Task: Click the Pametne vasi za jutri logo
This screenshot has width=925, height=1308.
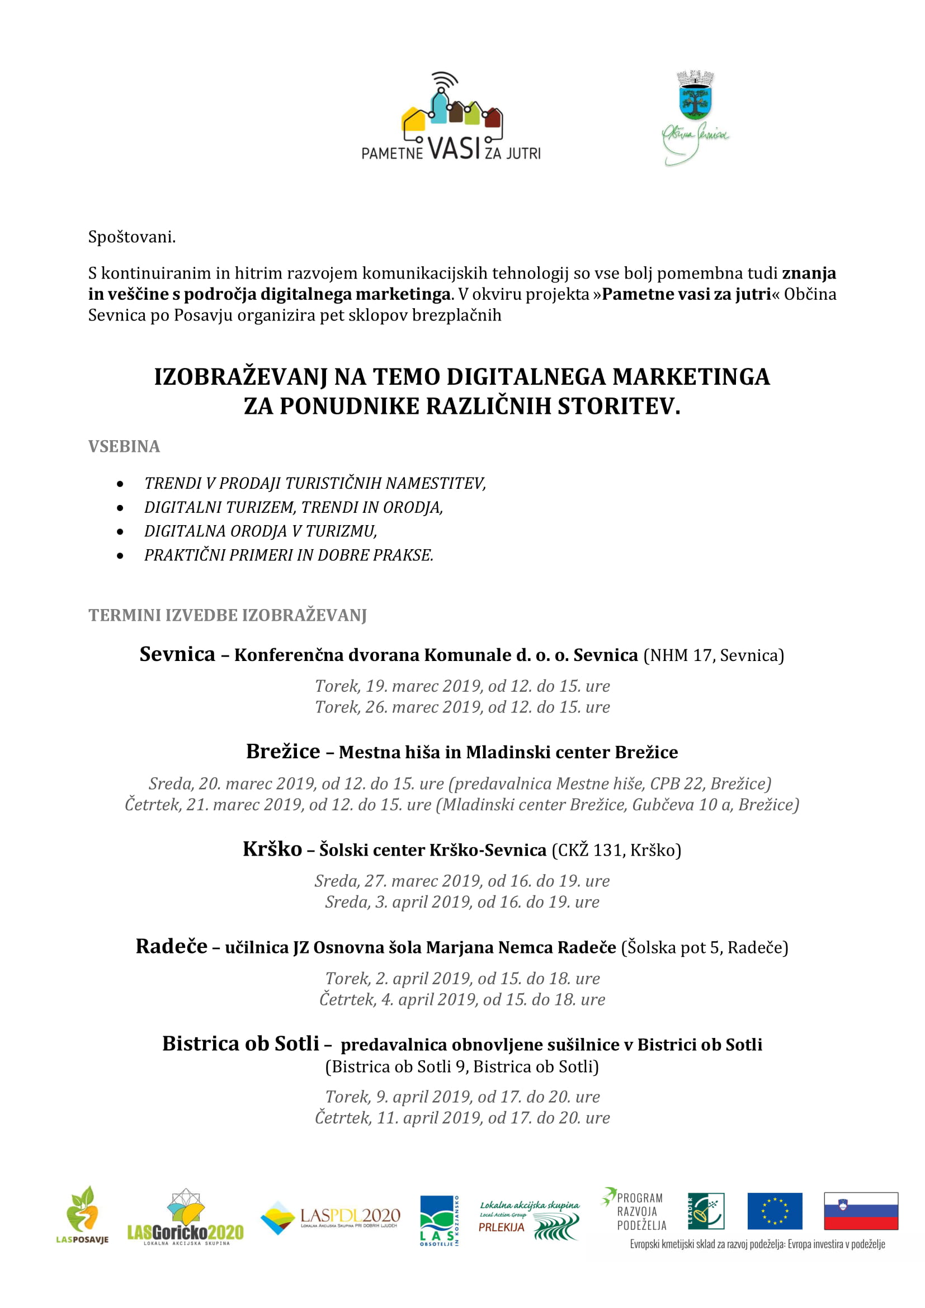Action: click(451, 117)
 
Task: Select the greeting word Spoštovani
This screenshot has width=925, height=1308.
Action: click(131, 237)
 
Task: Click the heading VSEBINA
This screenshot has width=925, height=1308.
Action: click(124, 446)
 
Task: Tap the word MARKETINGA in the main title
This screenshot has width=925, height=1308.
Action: click(691, 377)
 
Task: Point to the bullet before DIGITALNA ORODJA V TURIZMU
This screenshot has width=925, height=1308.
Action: click(120, 531)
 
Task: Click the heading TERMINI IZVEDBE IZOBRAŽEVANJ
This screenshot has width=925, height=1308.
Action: click(227, 615)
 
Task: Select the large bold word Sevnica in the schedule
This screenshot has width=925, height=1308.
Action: click(177, 654)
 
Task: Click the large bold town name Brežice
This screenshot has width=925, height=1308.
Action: click(283, 752)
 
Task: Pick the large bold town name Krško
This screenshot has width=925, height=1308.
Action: click(272, 849)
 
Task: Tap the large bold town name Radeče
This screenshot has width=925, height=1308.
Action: click(172, 946)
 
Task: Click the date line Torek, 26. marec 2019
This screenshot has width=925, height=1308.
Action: click(462, 707)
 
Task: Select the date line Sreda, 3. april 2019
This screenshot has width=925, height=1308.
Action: click(462, 902)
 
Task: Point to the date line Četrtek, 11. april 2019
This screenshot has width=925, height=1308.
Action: click(462, 1118)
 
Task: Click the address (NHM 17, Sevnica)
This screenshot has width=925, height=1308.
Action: click(714, 655)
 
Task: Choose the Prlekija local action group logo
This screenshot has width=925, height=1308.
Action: click(529, 1220)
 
